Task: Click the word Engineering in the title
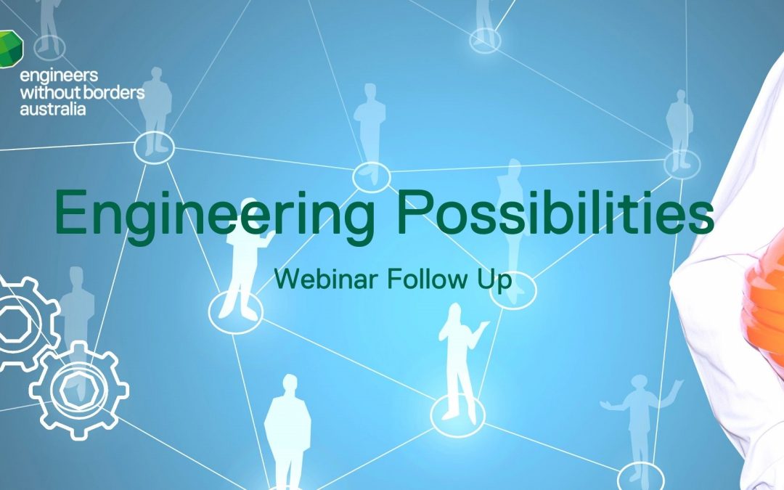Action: pyautogui.click(x=215, y=215)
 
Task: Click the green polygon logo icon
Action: pyautogui.click(x=10, y=49)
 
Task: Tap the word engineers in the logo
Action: pyautogui.click(x=59, y=75)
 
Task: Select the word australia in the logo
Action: pyautogui.click(x=52, y=108)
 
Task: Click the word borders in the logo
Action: pyautogui.click(x=113, y=92)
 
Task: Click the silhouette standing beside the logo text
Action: pyautogui.click(x=156, y=110)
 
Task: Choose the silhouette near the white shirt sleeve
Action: pyautogui.click(x=680, y=131)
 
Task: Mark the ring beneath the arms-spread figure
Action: pyautogui.click(x=641, y=463)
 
